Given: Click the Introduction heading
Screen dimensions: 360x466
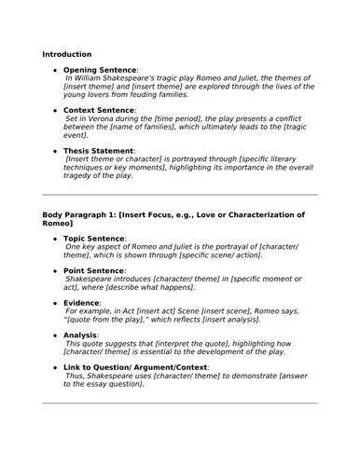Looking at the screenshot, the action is point(66,54).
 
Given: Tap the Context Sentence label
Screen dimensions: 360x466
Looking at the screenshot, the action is point(99,110).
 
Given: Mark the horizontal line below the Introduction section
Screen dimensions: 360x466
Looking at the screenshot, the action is point(180,195).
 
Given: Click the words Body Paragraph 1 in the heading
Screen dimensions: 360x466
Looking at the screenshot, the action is point(83,215).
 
